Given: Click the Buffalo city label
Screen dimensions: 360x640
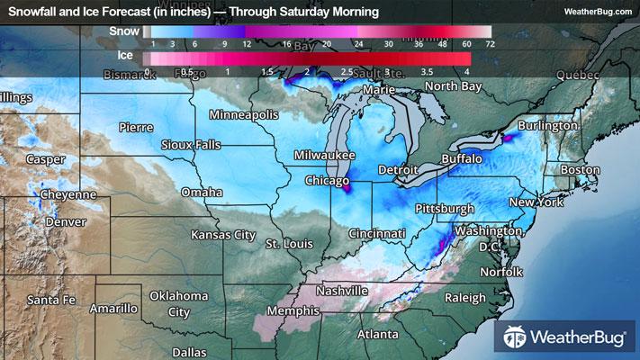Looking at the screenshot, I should point(462,158).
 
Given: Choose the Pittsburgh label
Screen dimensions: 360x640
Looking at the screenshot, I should point(444,209).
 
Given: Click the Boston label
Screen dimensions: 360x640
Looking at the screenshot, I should point(580,169).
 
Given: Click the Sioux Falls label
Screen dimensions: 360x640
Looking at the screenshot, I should point(191,145).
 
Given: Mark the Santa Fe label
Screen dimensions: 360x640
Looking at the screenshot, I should point(50,299).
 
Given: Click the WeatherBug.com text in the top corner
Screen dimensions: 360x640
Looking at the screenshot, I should point(597,11).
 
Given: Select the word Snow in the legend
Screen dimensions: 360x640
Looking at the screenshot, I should point(123,30).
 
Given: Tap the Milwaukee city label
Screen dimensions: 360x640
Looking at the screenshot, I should point(327,156).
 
